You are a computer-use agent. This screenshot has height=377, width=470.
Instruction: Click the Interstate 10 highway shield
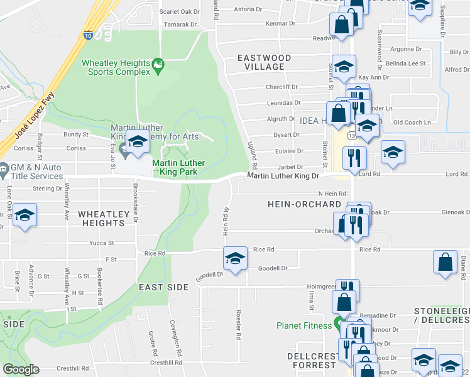coord(89,36)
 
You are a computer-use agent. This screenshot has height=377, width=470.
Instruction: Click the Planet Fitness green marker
coord(339,325)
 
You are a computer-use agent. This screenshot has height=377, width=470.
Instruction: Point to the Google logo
coord(20,369)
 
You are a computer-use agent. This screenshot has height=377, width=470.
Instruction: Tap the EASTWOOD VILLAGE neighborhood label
coord(265,62)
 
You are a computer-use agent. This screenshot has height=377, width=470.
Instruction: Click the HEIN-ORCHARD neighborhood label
coord(304,204)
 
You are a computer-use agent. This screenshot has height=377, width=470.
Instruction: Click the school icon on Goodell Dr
coord(235,258)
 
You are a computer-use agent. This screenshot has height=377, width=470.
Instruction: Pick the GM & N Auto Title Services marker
coord(4,168)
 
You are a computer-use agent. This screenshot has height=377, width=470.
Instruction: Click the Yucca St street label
coord(101,243)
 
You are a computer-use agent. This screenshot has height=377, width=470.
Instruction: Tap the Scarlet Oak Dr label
coord(179,11)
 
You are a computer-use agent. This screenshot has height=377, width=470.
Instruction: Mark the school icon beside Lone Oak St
coord(24,215)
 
